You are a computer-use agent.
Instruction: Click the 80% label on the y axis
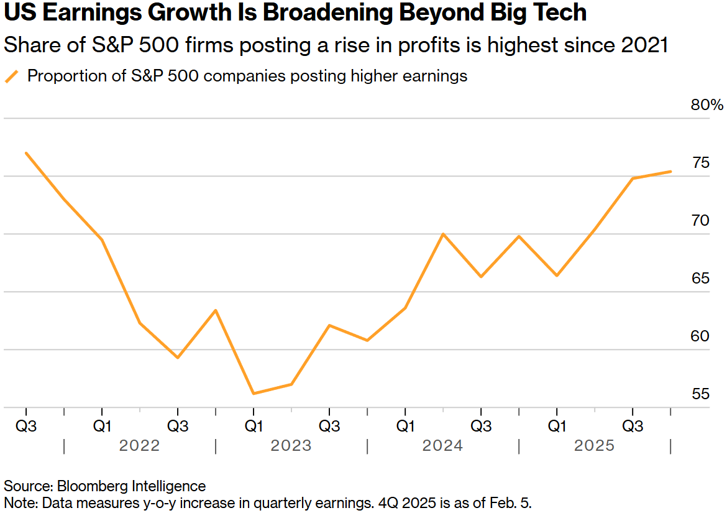pyautogui.click(x=707, y=105)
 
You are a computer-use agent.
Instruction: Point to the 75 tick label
pyautogui.click(x=700, y=164)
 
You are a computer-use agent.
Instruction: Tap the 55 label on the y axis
pyautogui.click(x=700, y=394)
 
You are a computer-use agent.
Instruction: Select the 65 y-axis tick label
pyautogui.click(x=700, y=279)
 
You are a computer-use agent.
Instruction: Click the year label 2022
pyautogui.click(x=140, y=446)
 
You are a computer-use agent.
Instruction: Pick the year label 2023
pyautogui.click(x=291, y=446)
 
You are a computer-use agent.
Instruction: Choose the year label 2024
pyautogui.click(x=442, y=446)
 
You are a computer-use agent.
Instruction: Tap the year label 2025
pyautogui.click(x=594, y=446)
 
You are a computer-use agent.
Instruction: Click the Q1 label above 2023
pyautogui.click(x=254, y=427)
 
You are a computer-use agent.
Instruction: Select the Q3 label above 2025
pyautogui.click(x=633, y=427)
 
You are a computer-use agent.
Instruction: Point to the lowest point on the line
pyautogui.click(x=254, y=394)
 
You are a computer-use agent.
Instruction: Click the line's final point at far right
pyautogui.click(x=670, y=171)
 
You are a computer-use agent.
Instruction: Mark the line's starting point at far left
pyautogui.click(x=26, y=153)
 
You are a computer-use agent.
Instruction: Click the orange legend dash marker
pyautogui.click(x=12, y=76)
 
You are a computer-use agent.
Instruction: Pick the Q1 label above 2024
pyautogui.click(x=405, y=427)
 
